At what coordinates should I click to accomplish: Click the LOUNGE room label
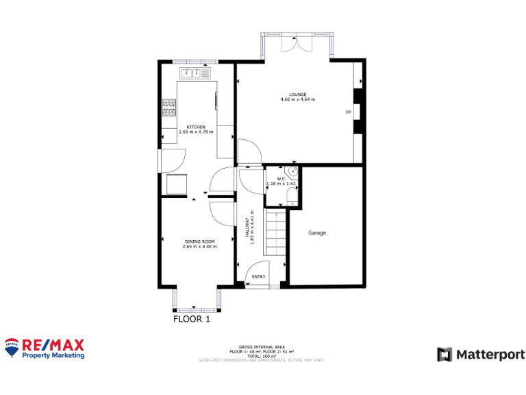pyautogui.click(x=297, y=95)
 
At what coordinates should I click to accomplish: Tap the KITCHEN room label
pyautogui.click(x=196, y=126)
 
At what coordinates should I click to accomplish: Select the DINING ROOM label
pyautogui.click(x=199, y=241)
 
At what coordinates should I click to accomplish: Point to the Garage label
pyautogui.click(x=316, y=232)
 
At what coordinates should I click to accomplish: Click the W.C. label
pyautogui.click(x=281, y=179)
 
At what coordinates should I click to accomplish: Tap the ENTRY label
pyautogui.click(x=258, y=276)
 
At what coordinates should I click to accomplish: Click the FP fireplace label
pyautogui.click(x=348, y=112)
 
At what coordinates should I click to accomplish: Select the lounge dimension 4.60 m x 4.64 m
pyautogui.click(x=297, y=100)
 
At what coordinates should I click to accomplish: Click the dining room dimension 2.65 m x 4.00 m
pyautogui.click(x=199, y=247)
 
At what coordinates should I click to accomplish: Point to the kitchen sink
pyautogui.click(x=190, y=72)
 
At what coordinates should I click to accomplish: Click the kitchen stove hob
pyautogui.click(x=168, y=108)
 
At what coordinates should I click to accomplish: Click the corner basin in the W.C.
pyautogui.click(x=292, y=172)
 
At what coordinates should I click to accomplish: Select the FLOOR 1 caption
pyautogui.click(x=191, y=319)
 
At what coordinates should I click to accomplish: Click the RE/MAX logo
pyautogui.click(x=45, y=348)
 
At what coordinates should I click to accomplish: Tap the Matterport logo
pyautogui.click(x=481, y=355)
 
